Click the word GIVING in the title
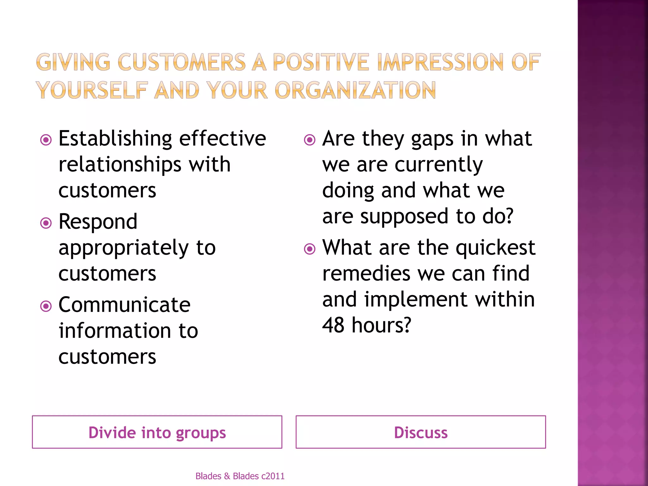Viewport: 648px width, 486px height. [x=73, y=62]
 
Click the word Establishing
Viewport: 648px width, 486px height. [x=115, y=139]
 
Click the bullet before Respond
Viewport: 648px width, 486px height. [x=46, y=223]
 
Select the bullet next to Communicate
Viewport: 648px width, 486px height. [x=46, y=306]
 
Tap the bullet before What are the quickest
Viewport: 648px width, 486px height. [x=310, y=249]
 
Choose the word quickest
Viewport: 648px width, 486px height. [x=495, y=248]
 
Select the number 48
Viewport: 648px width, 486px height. [x=333, y=325]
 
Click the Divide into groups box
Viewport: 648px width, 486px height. [x=157, y=432]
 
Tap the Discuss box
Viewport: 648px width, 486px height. [x=421, y=432]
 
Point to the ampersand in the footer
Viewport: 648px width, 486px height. [x=227, y=476]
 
